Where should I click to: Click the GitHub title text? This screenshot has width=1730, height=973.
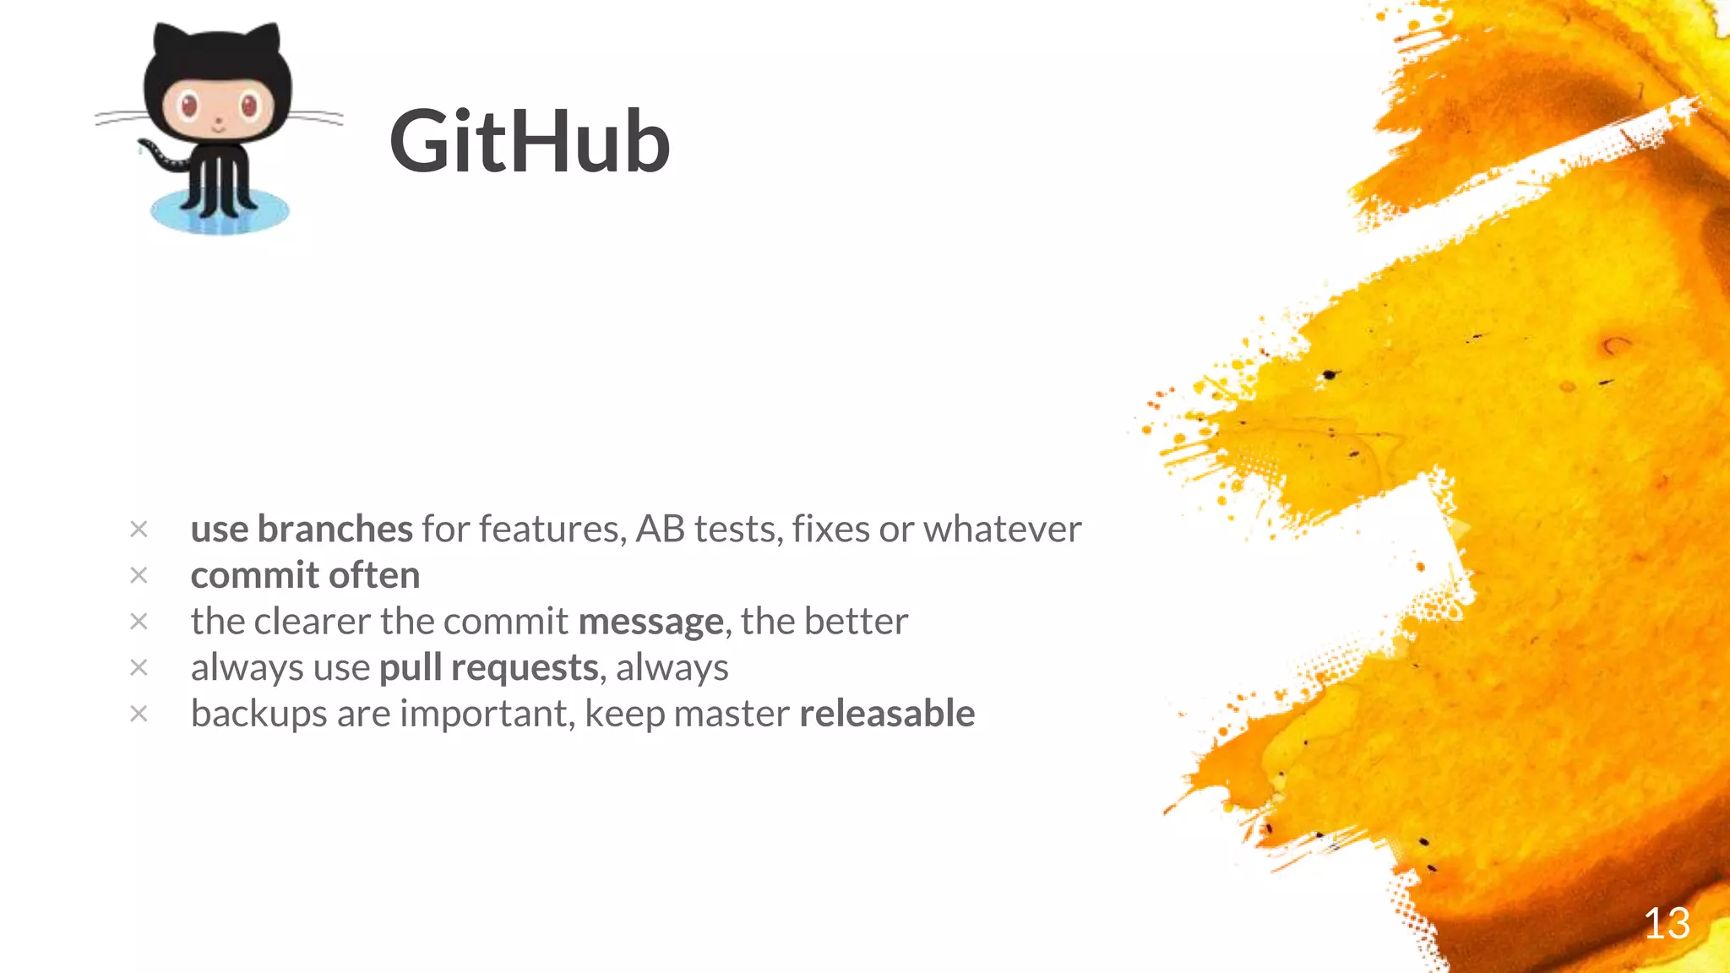[x=530, y=142]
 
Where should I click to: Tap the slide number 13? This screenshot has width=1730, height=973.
[x=1666, y=923]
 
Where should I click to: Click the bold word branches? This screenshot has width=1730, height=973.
[x=335, y=529]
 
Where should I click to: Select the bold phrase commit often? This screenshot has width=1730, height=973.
[x=305, y=575]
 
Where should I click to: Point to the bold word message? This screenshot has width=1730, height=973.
[x=650, y=622]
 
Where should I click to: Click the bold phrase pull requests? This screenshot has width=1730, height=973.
[x=489, y=668]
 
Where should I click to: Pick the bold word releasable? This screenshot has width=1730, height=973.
[x=887, y=714]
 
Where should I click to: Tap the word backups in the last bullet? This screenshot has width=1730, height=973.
[x=258, y=715]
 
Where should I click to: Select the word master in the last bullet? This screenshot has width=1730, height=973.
[x=732, y=714]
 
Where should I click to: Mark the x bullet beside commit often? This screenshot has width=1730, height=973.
[x=139, y=575]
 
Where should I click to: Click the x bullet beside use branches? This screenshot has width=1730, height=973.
[x=139, y=530]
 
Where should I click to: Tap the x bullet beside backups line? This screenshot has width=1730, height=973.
[x=139, y=714]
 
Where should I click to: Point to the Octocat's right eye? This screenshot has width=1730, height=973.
[x=250, y=106]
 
